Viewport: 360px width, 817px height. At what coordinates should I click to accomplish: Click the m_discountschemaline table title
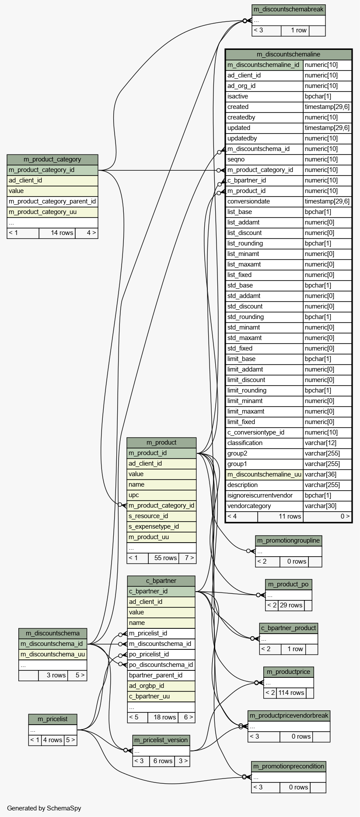click(288, 54)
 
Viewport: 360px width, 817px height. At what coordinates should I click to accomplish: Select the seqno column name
click(236, 159)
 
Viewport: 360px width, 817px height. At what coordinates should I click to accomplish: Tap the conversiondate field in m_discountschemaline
click(248, 201)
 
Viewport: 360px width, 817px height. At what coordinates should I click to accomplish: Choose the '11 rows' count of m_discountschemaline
click(290, 516)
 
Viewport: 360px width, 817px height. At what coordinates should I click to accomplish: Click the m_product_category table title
click(52, 159)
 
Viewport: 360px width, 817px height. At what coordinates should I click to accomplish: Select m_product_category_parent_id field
click(52, 201)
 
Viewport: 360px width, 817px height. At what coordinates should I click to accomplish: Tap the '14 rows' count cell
click(62, 233)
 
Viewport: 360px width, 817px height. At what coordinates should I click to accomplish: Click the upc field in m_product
click(134, 495)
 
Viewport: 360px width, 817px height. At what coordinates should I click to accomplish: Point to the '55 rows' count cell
click(165, 558)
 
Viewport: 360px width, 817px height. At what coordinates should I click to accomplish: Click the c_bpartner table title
click(161, 581)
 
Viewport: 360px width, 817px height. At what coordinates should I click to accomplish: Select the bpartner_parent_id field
click(156, 675)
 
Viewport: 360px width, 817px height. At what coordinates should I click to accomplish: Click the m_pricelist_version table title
click(161, 740)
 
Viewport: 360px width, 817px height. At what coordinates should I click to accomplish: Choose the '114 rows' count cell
click(291, 693)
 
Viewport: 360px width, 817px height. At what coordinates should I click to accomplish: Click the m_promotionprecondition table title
click(289, 766)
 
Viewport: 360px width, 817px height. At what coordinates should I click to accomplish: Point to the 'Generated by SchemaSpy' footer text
click(44, 808)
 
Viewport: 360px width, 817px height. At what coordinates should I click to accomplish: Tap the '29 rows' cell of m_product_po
click(291, 605)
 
